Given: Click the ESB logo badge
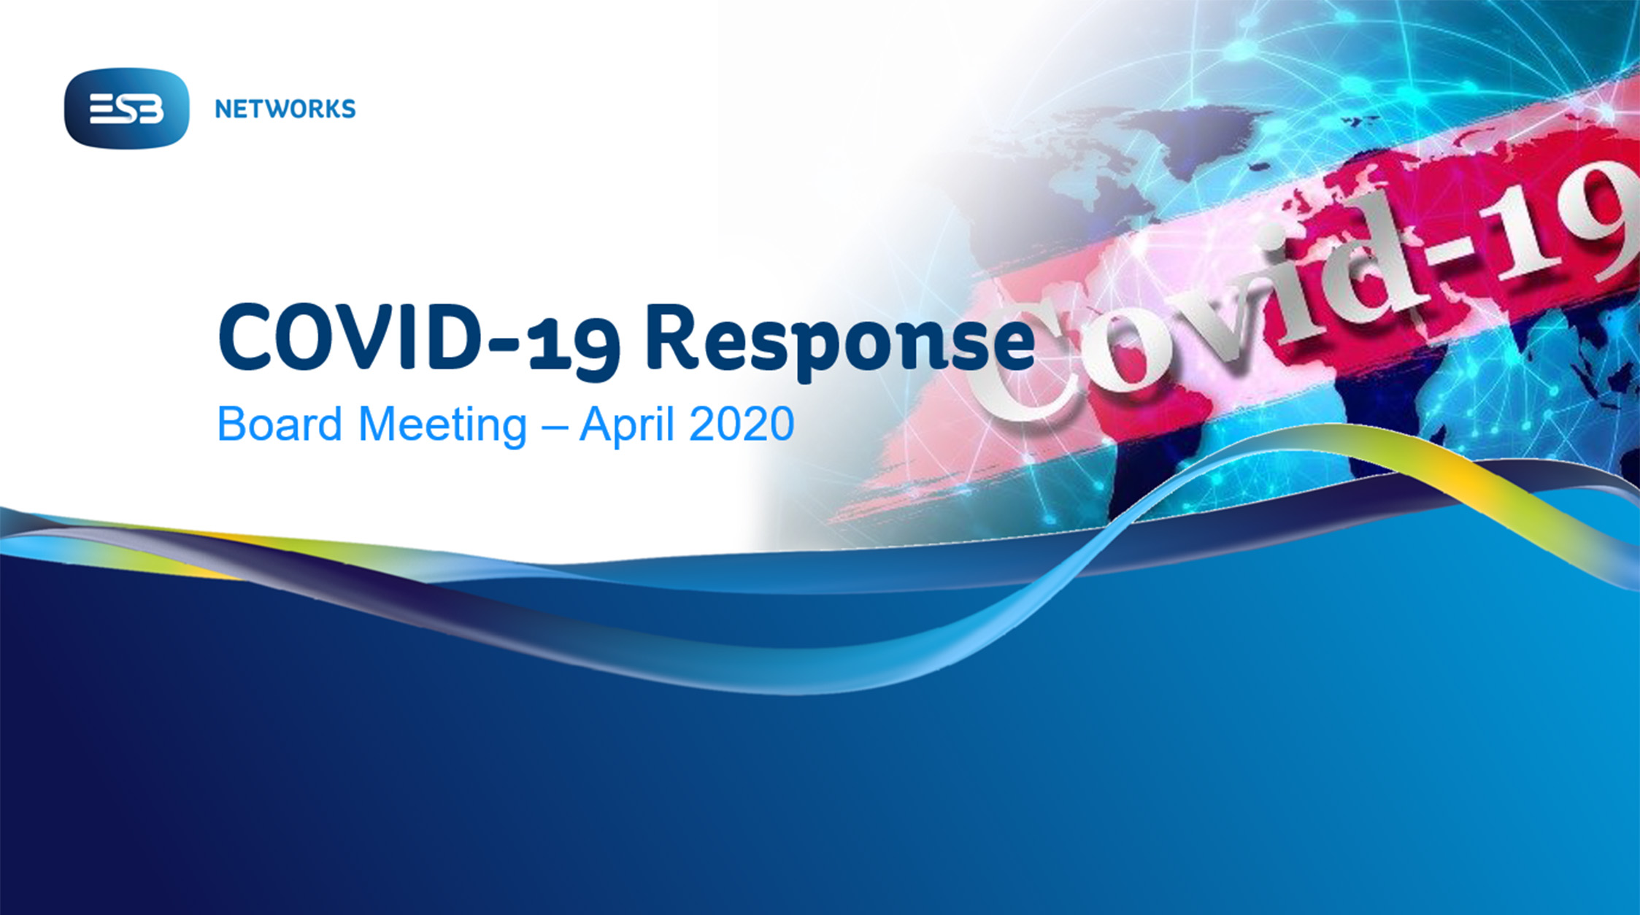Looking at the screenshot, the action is pyautogui.click(x=126, y=109).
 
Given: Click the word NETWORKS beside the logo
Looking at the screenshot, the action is pyautogui.click(x=285, y=109).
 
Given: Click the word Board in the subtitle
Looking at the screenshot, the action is pyautogui.click(x=280, y=423).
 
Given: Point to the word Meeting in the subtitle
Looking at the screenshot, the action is pyautogui.click(x=443, y=425).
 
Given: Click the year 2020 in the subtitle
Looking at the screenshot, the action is pyautogui.click(x=742, y=423).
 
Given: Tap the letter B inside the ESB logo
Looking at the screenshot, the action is pyautogui.click(x=151, y=110).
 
